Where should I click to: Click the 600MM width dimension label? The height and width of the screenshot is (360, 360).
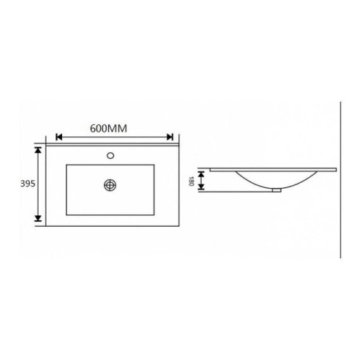(x=108, y=129)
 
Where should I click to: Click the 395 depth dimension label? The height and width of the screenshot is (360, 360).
(x=28, y=184)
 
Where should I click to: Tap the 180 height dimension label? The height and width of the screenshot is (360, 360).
(x=191, y=181)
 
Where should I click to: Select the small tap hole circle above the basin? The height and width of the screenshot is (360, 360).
(x=110, y=155)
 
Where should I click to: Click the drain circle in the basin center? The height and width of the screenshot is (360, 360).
(x=110, y=185)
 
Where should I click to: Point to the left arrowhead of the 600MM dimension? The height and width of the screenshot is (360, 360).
(x=59, y=137)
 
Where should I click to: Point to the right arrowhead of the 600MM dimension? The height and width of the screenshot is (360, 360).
(x=170, y=137)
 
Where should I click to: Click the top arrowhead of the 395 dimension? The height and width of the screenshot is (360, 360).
(x=38, y=150)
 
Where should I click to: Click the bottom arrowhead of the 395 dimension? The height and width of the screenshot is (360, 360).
(x=38, y=218)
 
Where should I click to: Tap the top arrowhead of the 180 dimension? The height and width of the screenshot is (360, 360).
(x=201, y=174)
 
